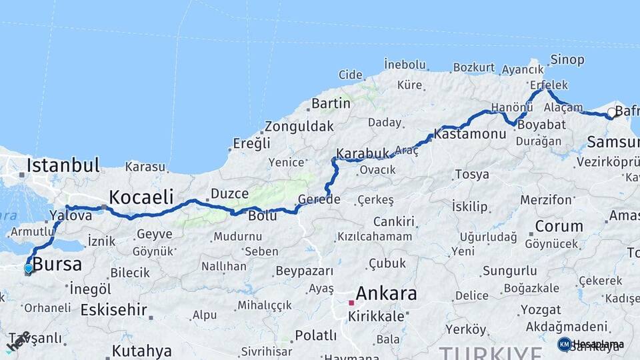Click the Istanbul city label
tap(63, 165)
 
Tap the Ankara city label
tap(386, 293)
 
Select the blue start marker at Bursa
tap(29, 269)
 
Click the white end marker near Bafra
tap(612, 113)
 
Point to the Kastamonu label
tap(470, 134)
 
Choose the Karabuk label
tap(362, 154)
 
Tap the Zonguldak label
tap(299, 126)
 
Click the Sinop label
tap(567, 60)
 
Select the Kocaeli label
tap(141, 197)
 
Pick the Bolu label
tap(262, 216)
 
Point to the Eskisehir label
tap(113, 309)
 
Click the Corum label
tap(559, 226)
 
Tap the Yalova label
tap(71, 215)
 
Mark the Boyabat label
tap(541, 125)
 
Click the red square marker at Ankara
tap(351, 303)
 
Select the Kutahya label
tap(141, 351)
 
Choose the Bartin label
tap(331, 103)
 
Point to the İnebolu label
tap(405, 65)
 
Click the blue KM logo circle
tap(564, 344)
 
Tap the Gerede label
tap(319, 199)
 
